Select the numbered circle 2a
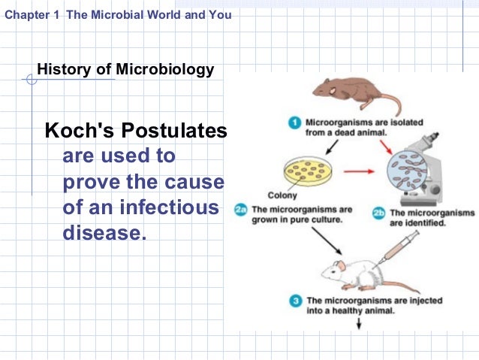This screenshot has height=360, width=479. pos(241,210)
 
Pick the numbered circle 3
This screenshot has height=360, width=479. pos(295,301)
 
